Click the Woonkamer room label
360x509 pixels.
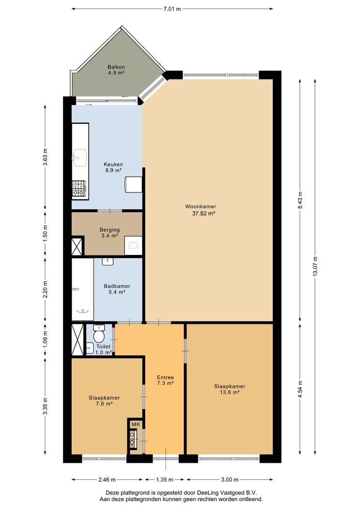coord(200,206)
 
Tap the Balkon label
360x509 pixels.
coord(116,67)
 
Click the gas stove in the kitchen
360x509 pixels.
coord(79,189)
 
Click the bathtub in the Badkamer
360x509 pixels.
coord(83,289)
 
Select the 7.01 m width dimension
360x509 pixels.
coord(172,9)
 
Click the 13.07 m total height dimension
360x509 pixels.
coord(315,266)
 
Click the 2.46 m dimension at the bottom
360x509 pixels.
coord(107,479)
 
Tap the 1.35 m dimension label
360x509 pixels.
coord(164,479)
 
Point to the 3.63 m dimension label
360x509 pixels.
coord(45,157)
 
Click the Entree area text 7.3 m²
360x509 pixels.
coord(165,383)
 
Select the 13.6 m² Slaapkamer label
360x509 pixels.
coord(229,392)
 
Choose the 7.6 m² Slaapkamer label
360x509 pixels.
coord(104,403)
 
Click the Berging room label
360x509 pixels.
coord(110,230)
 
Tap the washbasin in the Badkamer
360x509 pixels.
coord(107,261)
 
